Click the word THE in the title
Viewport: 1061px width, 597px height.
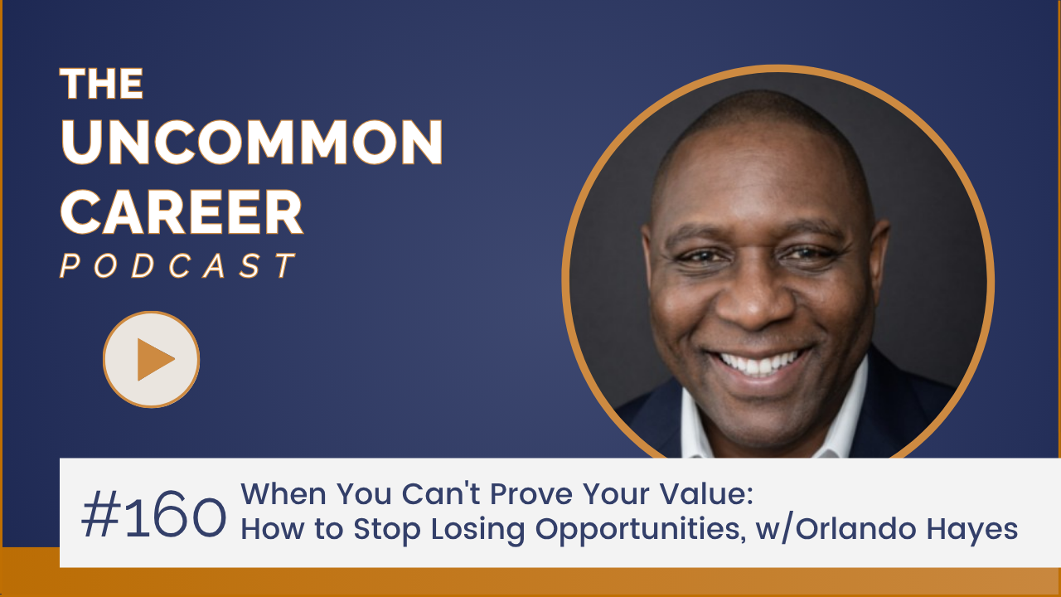(101, 84)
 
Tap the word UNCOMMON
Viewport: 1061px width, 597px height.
(251, 142)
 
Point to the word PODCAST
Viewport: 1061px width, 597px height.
(177, 266)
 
